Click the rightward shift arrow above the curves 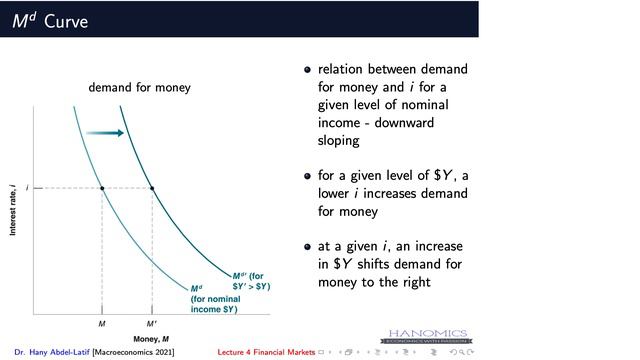[104, 132]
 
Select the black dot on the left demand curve [102, 188]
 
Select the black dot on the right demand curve [152, 188]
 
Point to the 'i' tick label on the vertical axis [27, 188]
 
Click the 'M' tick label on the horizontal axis [102, 324]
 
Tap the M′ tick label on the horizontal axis [152, 324]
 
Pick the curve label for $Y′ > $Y [251, 281]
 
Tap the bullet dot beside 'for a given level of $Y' [308, 176]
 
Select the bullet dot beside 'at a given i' [308, 247]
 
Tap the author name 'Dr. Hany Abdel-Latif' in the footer [51, 353]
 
